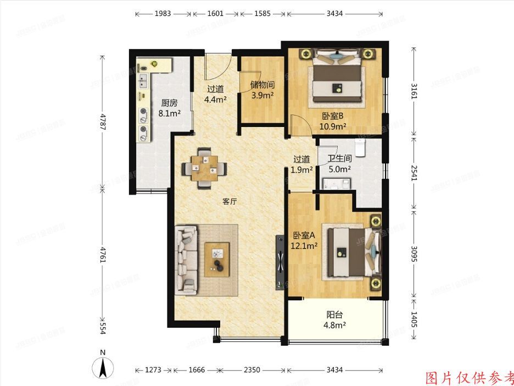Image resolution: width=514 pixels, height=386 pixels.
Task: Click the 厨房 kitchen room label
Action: click(169, 103)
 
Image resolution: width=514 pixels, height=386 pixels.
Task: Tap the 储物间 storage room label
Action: click(262, 85)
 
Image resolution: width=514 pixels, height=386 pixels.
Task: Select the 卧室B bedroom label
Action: click(333, 116)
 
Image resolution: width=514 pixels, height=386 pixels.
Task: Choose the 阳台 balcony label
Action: click(334, 315)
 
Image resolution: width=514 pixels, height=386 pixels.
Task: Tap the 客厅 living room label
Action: click(230, 201)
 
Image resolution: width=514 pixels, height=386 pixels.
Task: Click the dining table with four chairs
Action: click(204, 167)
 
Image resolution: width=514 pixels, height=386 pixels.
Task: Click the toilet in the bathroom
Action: click(360, 147)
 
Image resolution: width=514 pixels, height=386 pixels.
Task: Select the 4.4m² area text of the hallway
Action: click(215, 100)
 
